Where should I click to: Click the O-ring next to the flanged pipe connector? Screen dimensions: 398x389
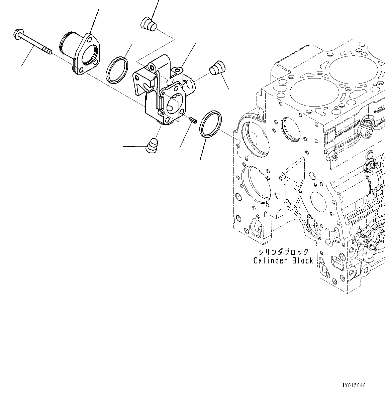117,69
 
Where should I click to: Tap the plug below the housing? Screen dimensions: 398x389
153,146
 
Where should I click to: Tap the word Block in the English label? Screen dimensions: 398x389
302,261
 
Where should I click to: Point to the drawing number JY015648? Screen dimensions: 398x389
353,385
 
